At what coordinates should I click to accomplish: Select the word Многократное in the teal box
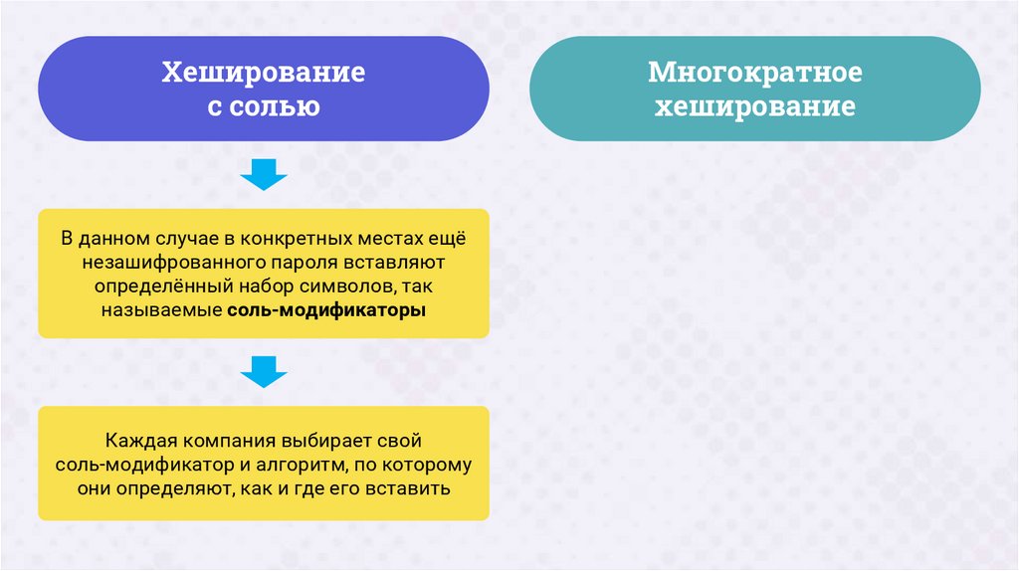point(754,74)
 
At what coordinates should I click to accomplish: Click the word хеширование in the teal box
point(754,106)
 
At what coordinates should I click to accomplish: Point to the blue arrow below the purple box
point(264,175)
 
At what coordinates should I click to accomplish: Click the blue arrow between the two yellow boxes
point(264,372)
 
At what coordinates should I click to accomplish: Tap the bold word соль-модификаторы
point(325,311)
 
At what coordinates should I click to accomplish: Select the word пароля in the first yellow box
point(306,264)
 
